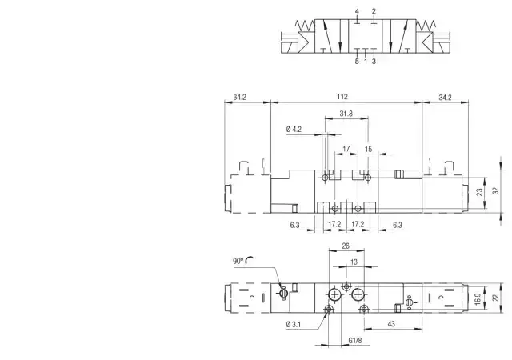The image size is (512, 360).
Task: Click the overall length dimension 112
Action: pos(342,97)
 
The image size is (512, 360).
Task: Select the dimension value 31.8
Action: pos(346,114)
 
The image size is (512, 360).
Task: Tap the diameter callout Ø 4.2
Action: pos(294,130)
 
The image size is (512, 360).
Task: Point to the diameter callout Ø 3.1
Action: pos(294,324)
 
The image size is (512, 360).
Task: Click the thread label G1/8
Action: pos(355,340)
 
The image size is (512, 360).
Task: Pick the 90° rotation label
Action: pos(238,261)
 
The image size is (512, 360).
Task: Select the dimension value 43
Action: pos(391,324)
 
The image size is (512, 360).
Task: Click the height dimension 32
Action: pos(496,190)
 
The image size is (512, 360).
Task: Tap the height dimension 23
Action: pos(479,192)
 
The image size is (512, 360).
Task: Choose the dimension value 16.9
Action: pos(478,299)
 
